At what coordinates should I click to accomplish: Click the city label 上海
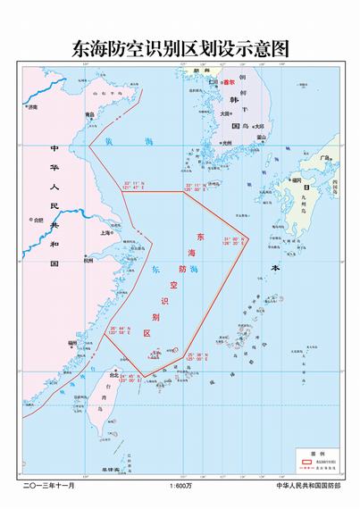(x=106, y=232)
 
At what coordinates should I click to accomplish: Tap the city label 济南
(x=33, y=107)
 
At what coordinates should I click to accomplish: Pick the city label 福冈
(x=296, y=180)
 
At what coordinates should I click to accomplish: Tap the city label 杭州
(x=87, y=261)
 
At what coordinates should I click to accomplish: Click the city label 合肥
(x=38, y=219)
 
